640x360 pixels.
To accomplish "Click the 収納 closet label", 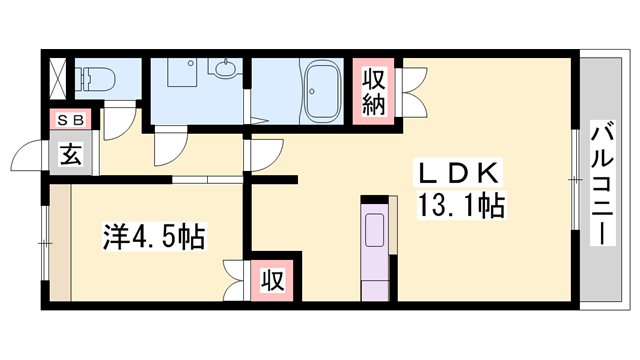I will tap(372, 92).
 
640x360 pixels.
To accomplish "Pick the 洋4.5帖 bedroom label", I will tap(153, 238).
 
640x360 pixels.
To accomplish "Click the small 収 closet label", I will tap(273, 279).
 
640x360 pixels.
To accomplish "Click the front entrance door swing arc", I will tap(29, 157).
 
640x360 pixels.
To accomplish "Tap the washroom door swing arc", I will tap(166, 148).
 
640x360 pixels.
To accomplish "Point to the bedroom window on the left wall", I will tap(45, 241).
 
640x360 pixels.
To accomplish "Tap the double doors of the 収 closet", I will tap(236, 277).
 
